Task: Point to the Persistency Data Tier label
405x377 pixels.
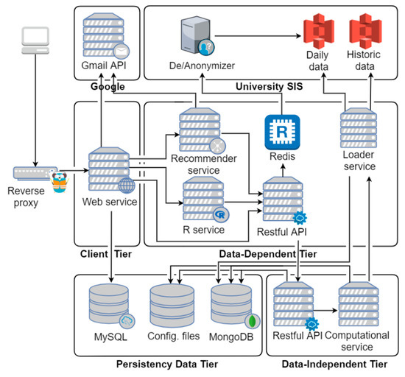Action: pos(169,364)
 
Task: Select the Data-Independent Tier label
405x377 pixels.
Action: pos(337,364)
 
